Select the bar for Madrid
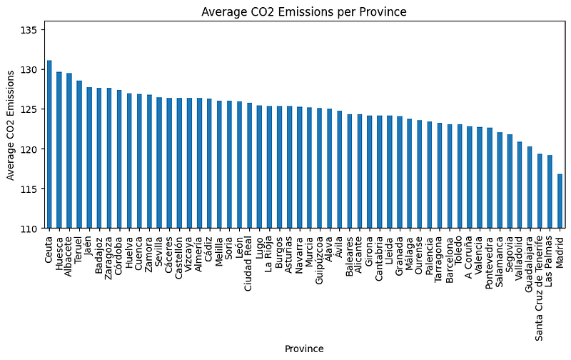[560, 201]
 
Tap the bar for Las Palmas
[550, 191]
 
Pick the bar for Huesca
[59, 150]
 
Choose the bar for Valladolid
[520, 185]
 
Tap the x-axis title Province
[304, 349]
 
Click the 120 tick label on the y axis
[33, 149]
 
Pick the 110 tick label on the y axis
[33, 228]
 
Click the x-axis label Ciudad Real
[249, 264]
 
